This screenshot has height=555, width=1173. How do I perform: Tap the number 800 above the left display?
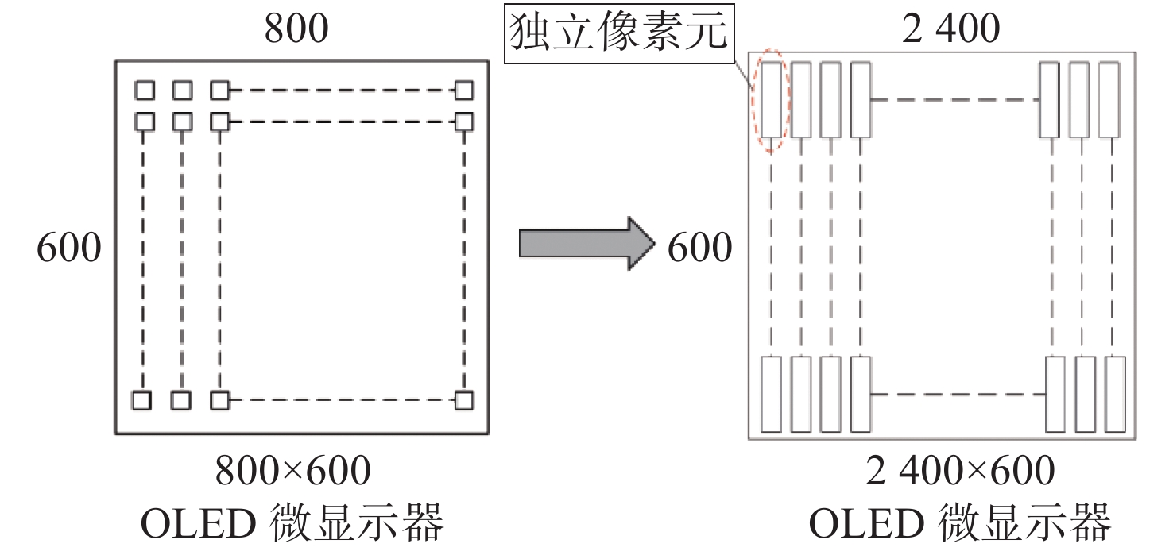[296, 29]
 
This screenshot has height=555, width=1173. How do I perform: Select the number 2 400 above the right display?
[950, 29]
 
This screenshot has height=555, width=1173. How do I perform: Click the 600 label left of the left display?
[69, 249]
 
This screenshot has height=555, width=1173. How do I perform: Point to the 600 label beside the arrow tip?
[699, 249]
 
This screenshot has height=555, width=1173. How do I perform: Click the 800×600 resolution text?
[293, 472]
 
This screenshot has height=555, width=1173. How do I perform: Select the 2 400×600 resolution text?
[960, 472]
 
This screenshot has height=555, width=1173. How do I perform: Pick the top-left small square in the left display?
[144, 91]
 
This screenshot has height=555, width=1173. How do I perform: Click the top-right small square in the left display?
[463, 91]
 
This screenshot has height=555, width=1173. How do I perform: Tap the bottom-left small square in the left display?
[141, 400]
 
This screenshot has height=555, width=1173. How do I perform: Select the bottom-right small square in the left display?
[463, 400]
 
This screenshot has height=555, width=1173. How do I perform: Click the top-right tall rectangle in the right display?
[1109, 99]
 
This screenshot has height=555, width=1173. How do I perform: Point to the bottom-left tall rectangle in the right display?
[771, 395]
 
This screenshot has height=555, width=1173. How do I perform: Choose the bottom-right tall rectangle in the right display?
[1116, 395]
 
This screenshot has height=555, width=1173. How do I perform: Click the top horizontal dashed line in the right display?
[955, 100]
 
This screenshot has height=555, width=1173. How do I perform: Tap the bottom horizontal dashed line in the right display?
[957, 394]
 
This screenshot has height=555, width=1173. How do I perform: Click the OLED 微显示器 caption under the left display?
[292, 525]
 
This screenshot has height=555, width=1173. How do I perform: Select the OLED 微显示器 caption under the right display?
[959, 525]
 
